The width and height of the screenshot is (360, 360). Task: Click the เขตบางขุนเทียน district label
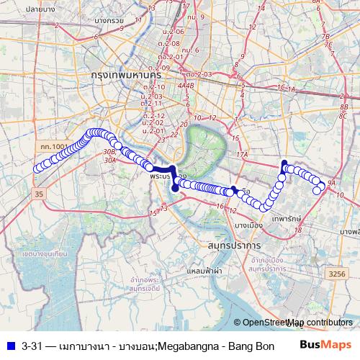coord(45,255)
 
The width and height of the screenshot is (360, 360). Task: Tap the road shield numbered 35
coord(39,194)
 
